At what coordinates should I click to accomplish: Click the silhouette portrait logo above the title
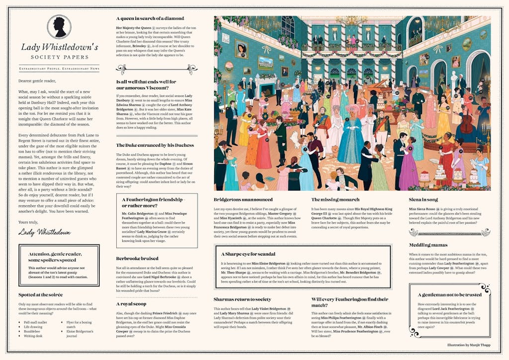coord(59,27)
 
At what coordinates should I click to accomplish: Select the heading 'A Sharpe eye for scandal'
coord(248,254)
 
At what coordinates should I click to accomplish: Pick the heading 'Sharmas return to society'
coord(243,299)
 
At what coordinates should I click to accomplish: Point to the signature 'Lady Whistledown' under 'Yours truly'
coord(44,232)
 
